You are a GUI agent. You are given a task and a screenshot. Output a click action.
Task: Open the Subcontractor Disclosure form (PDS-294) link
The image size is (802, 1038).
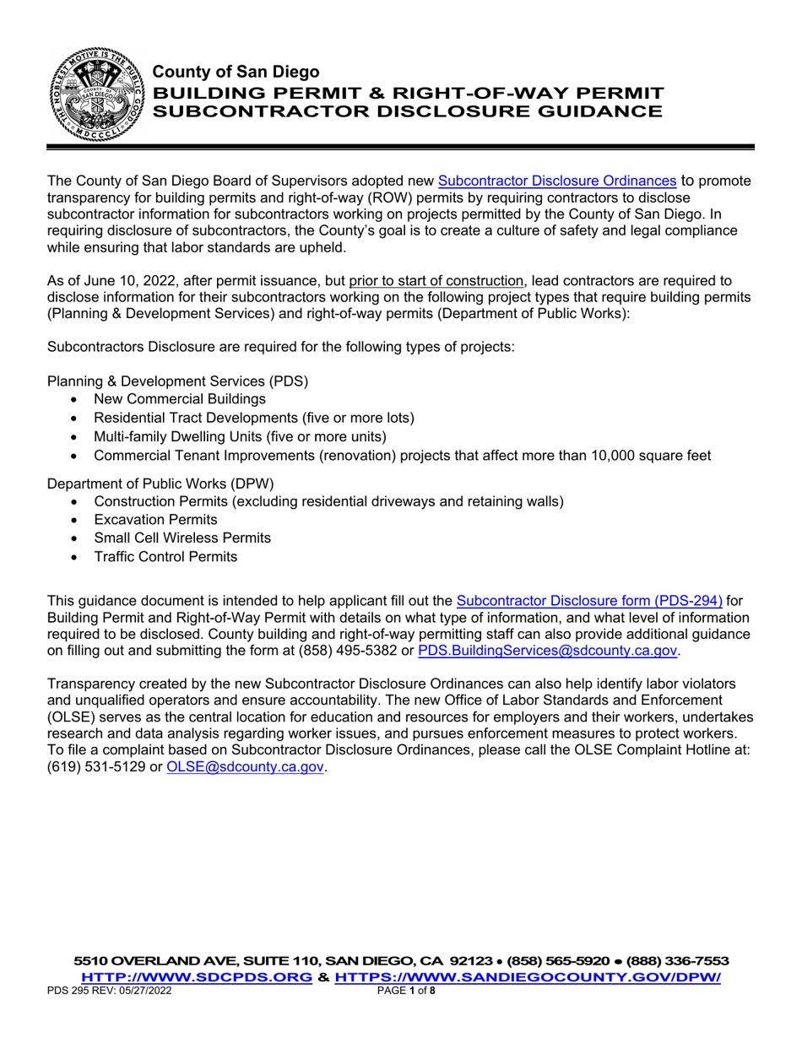click(589, 601)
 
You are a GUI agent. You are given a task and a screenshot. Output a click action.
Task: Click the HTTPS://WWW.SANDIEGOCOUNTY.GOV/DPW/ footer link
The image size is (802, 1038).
click(528, 978)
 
